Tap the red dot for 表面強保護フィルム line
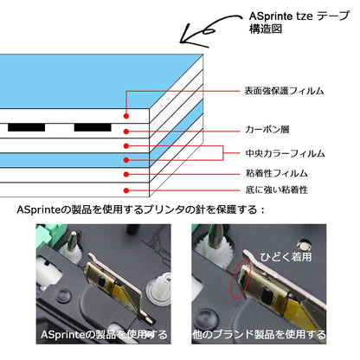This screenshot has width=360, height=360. click(126, 115)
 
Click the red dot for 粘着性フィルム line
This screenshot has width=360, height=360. click(126, 173)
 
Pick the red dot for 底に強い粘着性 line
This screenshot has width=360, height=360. click(126, 189)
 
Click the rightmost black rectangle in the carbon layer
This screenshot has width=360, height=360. click(93, 127)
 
